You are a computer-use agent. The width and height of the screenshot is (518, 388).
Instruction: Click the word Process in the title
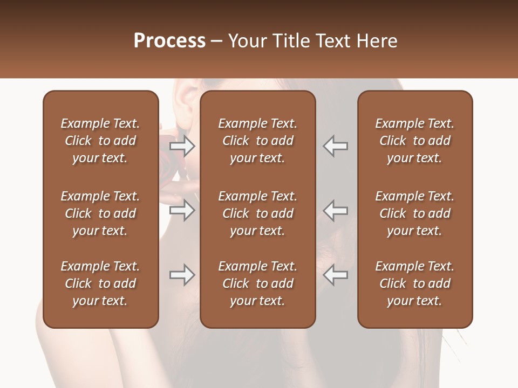tap(169, 41)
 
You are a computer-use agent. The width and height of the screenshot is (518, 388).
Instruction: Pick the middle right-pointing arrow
tap(182, 210)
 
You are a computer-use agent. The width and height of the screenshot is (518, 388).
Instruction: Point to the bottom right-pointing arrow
tap(182, 275)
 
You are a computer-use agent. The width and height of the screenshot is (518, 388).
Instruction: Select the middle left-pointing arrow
tap(335, 210)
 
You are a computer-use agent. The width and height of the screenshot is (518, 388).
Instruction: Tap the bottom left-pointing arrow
tap(335, 275)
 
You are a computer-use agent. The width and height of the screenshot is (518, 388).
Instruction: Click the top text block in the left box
tap(100, 141)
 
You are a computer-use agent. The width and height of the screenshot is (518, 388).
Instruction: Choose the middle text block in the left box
tap(100, 213)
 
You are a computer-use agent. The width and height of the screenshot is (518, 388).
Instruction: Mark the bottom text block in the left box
tap(100, 283)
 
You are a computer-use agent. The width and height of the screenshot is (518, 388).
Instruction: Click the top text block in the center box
tap(258, 141)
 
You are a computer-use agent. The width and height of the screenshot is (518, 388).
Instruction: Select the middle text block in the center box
tap(258, 213)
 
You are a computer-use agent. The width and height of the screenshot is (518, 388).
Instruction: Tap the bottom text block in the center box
tap(258, 283)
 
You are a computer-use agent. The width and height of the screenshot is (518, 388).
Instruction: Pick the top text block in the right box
tap(415, 141)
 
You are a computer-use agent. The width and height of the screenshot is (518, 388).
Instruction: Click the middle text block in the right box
tap(415, 213)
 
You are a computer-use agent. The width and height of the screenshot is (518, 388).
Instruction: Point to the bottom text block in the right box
tap(415, 283)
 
